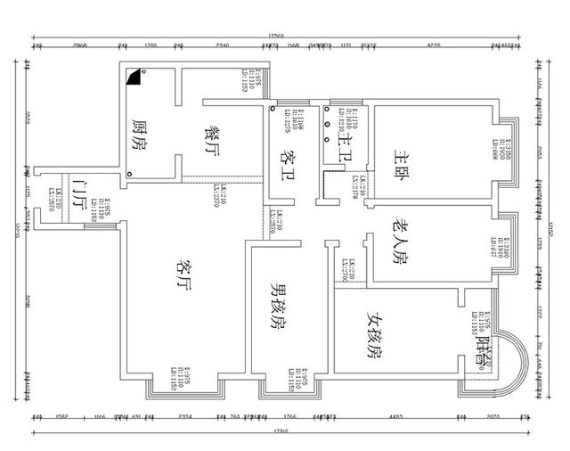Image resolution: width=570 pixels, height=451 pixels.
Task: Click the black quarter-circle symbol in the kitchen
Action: click(x=134, y=78)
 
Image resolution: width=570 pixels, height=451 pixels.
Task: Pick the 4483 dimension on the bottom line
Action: click(x=396, y=416)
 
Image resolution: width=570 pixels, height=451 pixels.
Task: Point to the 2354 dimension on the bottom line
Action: click(x=185, y=416)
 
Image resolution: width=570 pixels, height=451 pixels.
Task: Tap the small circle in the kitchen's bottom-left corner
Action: click(x=130, y=173)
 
